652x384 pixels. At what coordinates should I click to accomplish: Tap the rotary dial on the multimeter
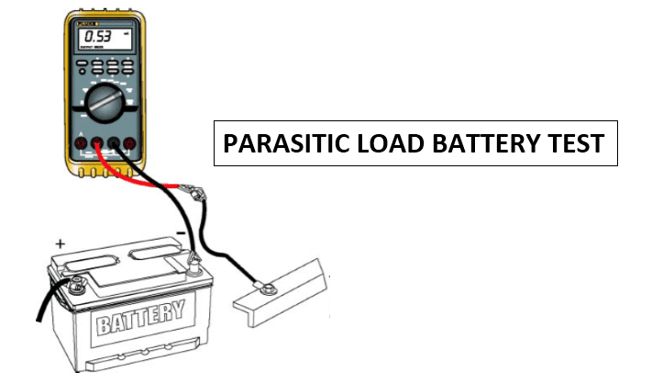click(x=107, y=102)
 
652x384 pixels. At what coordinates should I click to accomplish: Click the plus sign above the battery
click(x=61, y=245)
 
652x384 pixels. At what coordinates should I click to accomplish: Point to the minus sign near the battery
click(x=181, y=235)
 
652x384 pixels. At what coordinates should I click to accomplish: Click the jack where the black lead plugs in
click(x=114, y=142)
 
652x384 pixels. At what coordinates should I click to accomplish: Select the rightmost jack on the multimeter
click(x=131, y=142)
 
